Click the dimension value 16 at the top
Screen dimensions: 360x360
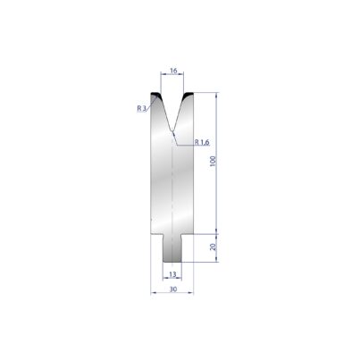click(173, 71)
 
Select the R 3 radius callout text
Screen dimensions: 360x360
click(142, 108)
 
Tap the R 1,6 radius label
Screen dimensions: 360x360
click(202, 142)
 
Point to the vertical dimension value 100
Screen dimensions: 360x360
click(213, 161)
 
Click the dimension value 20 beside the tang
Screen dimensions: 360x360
click(213, 247)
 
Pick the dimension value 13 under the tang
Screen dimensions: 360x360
click(172, 274)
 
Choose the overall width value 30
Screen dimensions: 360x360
click(173, 289)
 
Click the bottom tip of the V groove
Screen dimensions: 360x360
click(172, 131)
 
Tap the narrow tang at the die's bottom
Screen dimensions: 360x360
click(172, 248)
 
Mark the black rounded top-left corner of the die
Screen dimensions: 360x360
click(155, 96)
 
